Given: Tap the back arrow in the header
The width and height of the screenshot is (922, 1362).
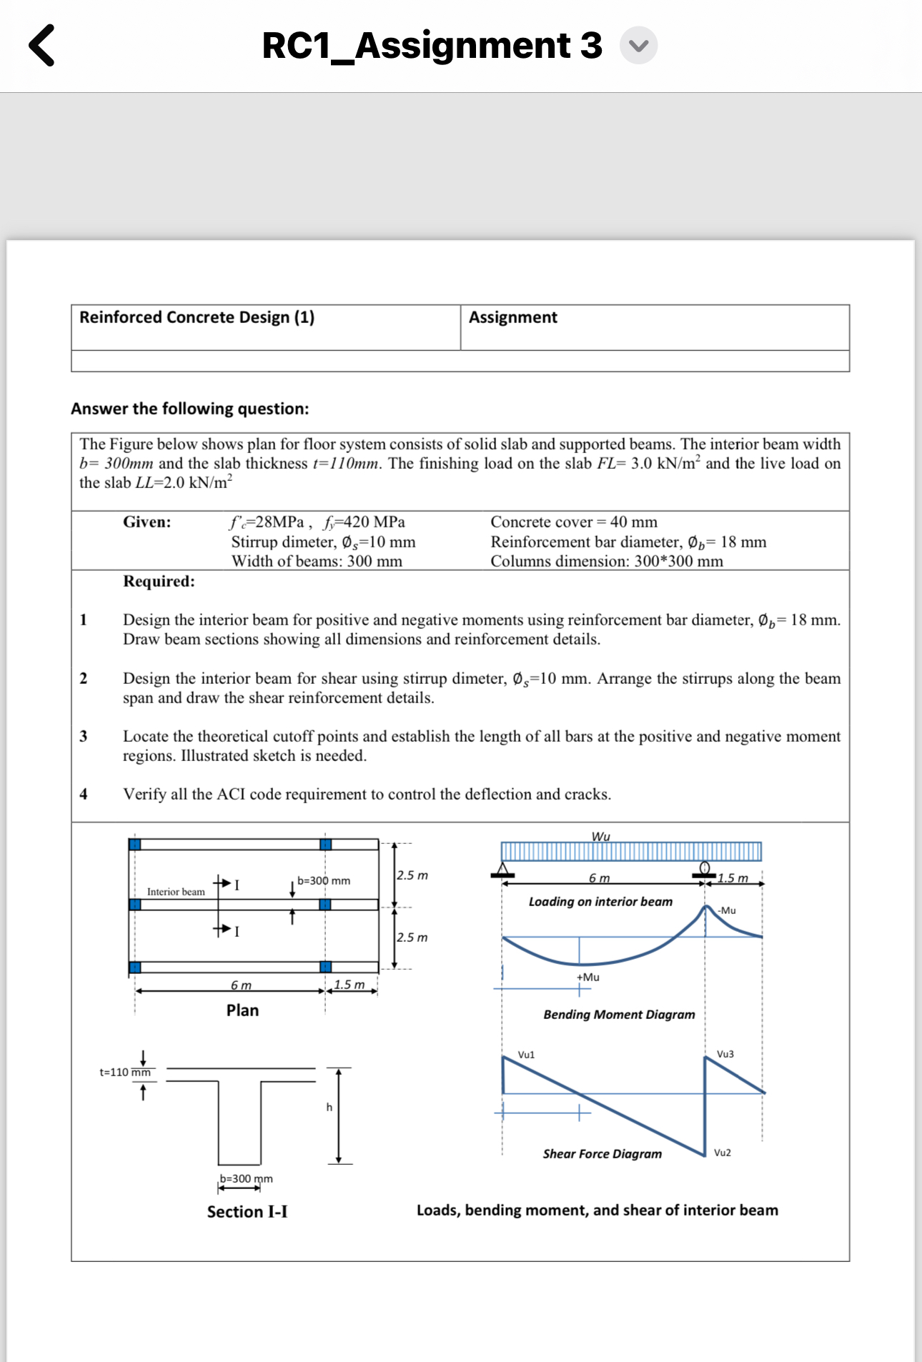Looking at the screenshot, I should (41, 45).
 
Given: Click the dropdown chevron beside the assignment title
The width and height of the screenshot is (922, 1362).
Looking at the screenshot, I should (638, 46).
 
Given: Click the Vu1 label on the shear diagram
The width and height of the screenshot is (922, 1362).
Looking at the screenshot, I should (526, 1055).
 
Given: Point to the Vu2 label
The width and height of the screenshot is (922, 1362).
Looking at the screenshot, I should (723, 1153).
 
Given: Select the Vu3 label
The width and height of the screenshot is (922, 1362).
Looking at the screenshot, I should (725, 1054).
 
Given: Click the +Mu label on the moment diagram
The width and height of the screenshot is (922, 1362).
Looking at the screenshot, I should (588, 977).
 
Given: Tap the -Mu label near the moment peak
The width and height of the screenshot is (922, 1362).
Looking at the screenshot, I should (728, 910).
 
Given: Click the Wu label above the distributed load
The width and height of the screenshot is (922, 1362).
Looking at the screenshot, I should (601, 836).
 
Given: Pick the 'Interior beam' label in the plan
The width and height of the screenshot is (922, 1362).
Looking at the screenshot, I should (176, 892).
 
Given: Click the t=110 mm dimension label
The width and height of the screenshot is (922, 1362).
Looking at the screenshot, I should (125, 1072).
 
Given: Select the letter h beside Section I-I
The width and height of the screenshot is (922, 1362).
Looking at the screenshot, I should (329, 1107).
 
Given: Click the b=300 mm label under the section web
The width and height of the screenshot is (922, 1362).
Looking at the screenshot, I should (246, 1178).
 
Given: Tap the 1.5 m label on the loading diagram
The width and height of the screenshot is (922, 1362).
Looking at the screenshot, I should (733, 878).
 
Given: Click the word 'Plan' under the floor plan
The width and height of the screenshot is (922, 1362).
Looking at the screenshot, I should (242, 1010).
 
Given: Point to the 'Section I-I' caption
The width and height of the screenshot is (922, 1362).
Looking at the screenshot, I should (247, 1212).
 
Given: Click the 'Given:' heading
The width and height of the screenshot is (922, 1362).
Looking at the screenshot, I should (147, 522).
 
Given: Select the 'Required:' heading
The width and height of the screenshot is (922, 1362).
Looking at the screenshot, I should (159, 581).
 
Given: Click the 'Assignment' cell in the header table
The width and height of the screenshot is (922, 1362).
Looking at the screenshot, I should (513, 317).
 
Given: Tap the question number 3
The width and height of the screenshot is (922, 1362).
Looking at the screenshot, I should (84, 736).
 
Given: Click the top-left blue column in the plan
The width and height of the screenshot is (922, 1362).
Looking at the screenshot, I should (135, 844).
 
